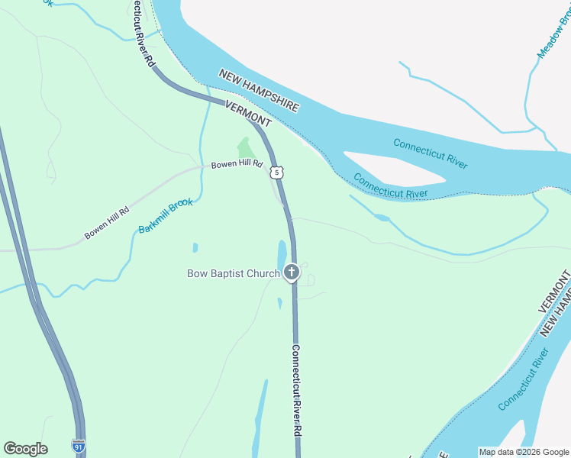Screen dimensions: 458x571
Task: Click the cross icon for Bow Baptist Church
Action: click(x=291, y=272)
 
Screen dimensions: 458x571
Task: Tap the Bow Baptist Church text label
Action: click(x=234, y=273)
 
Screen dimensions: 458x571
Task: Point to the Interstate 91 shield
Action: click(x=78, y=444)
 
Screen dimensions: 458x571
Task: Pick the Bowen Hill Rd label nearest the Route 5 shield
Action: click(x=237, y=164)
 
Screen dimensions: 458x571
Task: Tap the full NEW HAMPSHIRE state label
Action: click(x=259, y=91)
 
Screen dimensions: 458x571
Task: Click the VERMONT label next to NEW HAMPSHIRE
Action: click(x=248, y=112)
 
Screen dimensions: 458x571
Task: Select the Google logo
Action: click(x=25, y=449)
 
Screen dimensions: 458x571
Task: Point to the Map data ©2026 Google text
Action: click(x=524, y=452)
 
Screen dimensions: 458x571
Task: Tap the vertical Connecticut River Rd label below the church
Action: click(x=296, y=389)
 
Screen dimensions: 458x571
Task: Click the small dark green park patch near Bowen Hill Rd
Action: click(x=245, y=147)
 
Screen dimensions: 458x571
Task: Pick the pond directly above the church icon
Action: click(x=281, y=252)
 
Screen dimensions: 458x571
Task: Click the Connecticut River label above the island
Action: click(x=430, y=153)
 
